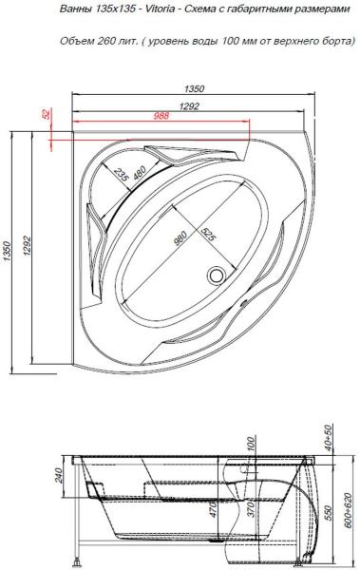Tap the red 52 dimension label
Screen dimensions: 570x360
click(46, 114)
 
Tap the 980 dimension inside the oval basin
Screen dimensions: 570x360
click(180, 237)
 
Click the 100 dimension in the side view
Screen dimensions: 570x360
click(251, 445)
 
